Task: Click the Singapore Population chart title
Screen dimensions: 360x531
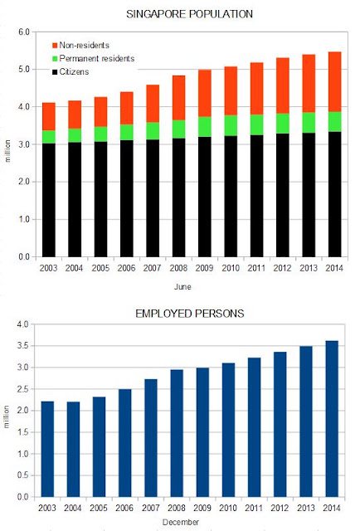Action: click(189, 14)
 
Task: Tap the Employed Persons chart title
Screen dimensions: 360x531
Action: click(190, 314)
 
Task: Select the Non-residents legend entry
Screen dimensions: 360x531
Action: click(81, 46)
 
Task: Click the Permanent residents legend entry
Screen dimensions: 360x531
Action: click(94, 59)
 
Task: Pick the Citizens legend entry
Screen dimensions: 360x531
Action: click(71, 72)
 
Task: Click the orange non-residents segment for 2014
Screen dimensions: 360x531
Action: click(334, 82)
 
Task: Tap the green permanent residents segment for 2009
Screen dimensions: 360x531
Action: click(205, 127)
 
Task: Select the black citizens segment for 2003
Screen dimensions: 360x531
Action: click(49, 200)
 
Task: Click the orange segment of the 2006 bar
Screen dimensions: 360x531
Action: click(127, 109)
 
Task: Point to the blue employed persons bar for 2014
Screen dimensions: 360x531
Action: click(332, 419)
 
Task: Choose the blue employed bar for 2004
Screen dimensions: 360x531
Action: click(73, 450)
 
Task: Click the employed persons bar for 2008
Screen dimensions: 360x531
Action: click(177, 433)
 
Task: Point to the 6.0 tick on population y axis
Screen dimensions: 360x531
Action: click(24, 32)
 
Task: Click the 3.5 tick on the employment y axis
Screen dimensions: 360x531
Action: click(22, 346)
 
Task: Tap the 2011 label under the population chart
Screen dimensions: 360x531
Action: click(256, 268)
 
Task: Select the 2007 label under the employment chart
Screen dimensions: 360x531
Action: click(151, 508)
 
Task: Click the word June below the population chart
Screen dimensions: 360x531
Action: click(182, 287)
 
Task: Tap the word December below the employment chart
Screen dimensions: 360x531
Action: click(181, 522)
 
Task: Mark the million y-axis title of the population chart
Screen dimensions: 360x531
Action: click(7, 151)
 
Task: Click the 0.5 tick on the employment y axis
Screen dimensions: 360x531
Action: click(22, 475)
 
